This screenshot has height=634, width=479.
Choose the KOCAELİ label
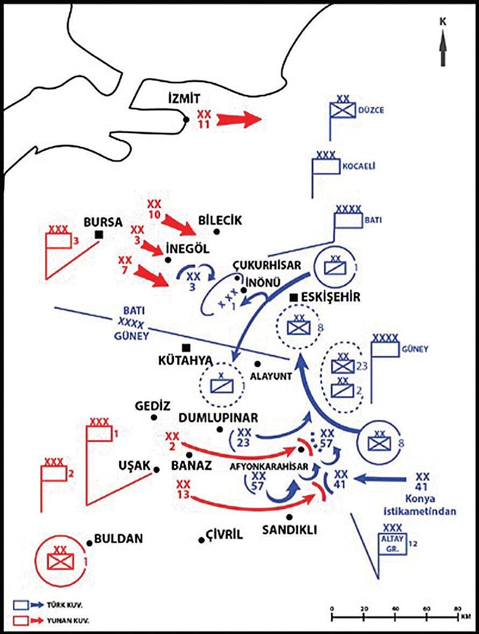[x=358, y=166]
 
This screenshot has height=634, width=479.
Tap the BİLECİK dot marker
[x=216, y=231]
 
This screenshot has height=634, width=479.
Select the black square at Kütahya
[x=186, y=347]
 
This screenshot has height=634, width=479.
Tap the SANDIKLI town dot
[x=289, y=517]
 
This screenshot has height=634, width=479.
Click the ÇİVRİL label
[x=224, y=534]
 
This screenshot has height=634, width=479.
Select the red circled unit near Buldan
[x=60, y=561]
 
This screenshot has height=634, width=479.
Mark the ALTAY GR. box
[x=392, y=540]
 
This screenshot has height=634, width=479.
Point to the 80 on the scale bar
[x=458, y=608]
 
